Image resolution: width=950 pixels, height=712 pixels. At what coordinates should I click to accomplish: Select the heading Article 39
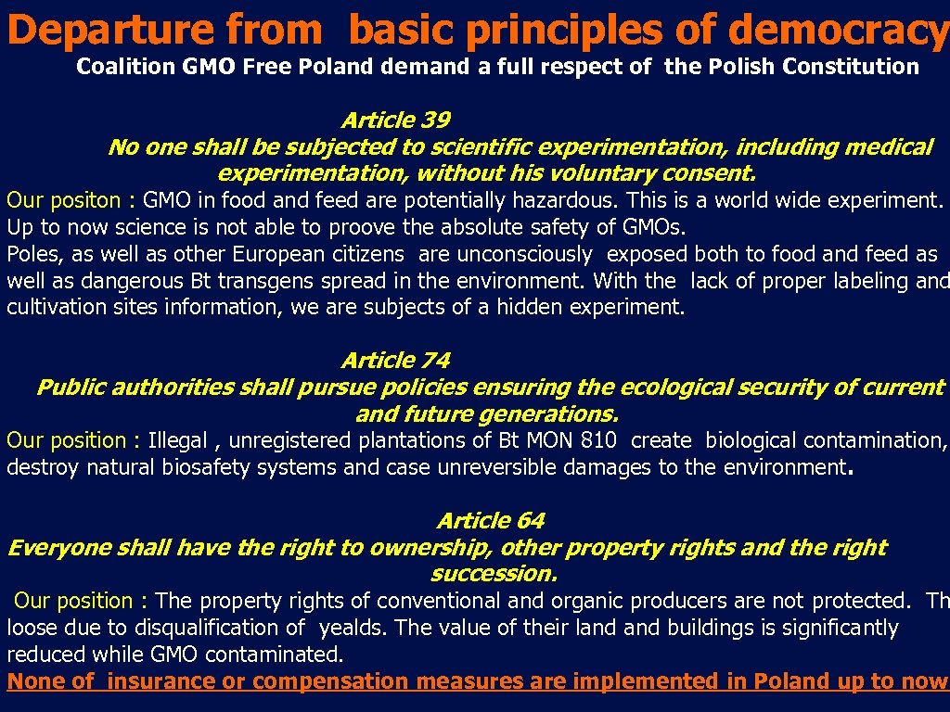click(x=396, y=121)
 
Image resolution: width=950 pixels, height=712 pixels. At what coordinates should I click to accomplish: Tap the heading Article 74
click(x=396, y=361)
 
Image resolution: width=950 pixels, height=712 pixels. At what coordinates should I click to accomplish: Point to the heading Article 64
click(x=491, y=521)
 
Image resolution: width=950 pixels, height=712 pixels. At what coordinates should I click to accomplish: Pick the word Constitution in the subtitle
click(x=851, y=67)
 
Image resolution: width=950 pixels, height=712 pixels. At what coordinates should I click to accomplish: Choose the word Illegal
click(x=178, y=441)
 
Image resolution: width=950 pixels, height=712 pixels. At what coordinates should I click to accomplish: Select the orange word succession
click(x=494, y=574)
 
